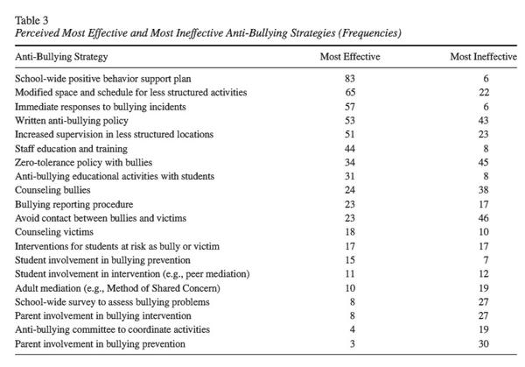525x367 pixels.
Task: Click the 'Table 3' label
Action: tap(31, 20)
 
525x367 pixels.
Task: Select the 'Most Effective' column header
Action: tap(350, 56)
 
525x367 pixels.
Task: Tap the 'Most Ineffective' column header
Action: tap(484, 56)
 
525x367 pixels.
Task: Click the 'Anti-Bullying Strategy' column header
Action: tap(61, 57)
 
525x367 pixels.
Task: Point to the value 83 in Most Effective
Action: tap(350, 79)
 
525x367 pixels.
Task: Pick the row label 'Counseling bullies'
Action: tap(52, 190)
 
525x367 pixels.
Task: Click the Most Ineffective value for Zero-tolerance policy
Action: tap(484, 163)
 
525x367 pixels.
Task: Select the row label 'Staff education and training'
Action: tap(71, 149)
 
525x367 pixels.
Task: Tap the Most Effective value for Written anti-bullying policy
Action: tap(350, 121)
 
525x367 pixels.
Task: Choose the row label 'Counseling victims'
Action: tap(54, 232)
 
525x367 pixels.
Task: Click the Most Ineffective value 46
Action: tap(484, 218)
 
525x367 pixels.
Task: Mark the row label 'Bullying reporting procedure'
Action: tap(73, 204)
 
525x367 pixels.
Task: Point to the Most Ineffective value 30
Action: tap(484, 344)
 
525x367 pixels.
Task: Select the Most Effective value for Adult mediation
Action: tap(350, 288)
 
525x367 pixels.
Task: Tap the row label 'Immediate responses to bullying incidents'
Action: tap(100, 107)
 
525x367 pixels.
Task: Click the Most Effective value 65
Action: tap(350, 92)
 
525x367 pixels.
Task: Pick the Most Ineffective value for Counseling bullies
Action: tap(484, 190)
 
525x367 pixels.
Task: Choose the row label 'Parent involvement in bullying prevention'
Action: tap(100, 344)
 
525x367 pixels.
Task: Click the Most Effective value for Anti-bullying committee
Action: tap(353, 329)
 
